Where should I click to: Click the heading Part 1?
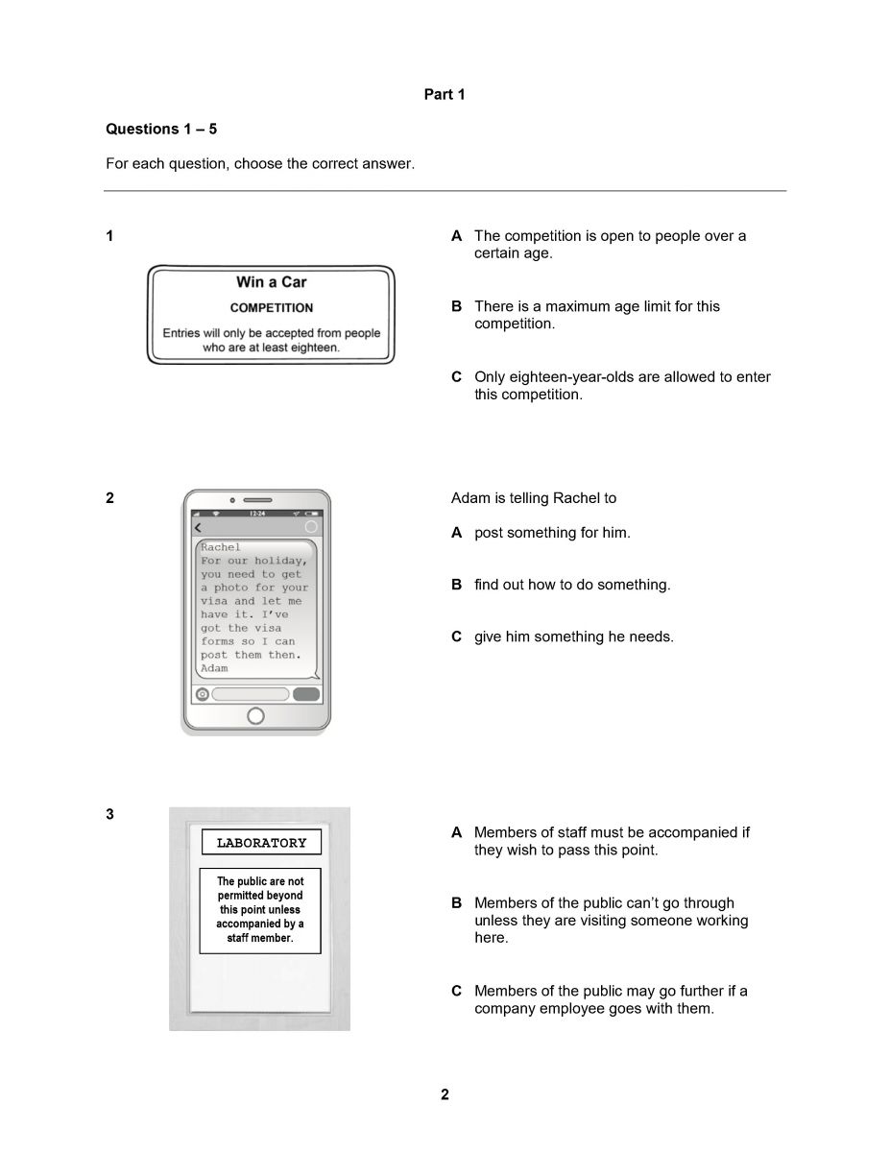pos(445,94)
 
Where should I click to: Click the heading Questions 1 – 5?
pos(161,129)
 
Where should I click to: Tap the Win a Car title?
pos(272,282)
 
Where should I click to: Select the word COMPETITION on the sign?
pos(272,308)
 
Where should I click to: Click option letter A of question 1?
pos(457,236)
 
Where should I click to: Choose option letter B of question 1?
pos(457,307)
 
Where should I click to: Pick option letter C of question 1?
pos(457,377)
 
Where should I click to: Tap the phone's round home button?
pos(255,715)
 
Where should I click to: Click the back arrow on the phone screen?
pos(199,528)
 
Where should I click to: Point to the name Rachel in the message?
pos(221,547)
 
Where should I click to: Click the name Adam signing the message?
pos(214,668)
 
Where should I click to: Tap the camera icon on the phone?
pos(203,694)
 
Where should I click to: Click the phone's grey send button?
pos(306,694)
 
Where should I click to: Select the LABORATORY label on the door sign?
pos(261,843)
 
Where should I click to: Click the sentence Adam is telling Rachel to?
pos(534,498)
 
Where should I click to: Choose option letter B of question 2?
pos(457,585)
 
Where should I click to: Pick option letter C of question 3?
pos(457,991)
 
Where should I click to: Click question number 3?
pos(109,814)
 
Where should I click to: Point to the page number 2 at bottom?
pos(445,1094)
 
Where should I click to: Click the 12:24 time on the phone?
pos(257,515)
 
